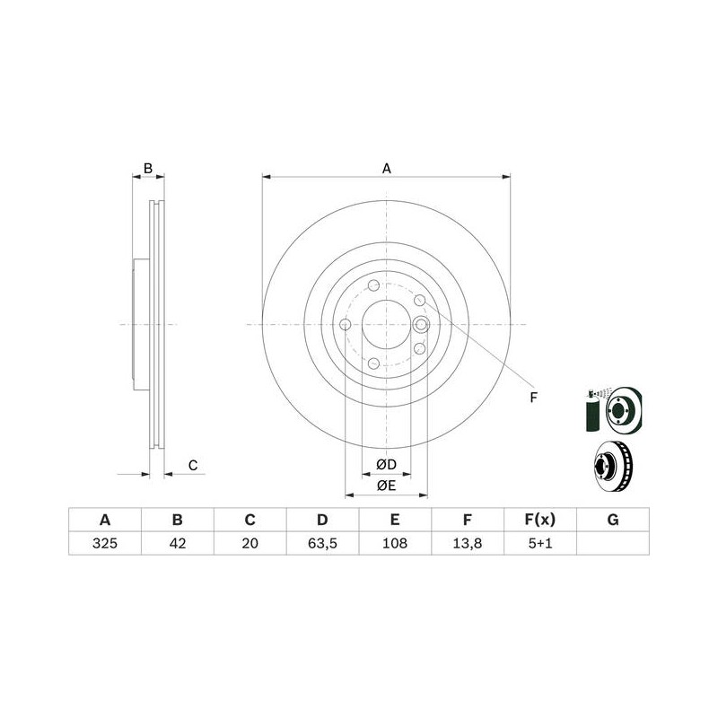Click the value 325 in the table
[105, 543]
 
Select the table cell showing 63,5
[322, 543]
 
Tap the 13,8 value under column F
[467, 543]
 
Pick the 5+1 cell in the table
[540, 543]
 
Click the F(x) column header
[540, 520]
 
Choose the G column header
[613, 520]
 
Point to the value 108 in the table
[395, 543]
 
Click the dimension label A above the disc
[387, 169]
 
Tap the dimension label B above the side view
[148, 168]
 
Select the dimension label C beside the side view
[193, 465]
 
